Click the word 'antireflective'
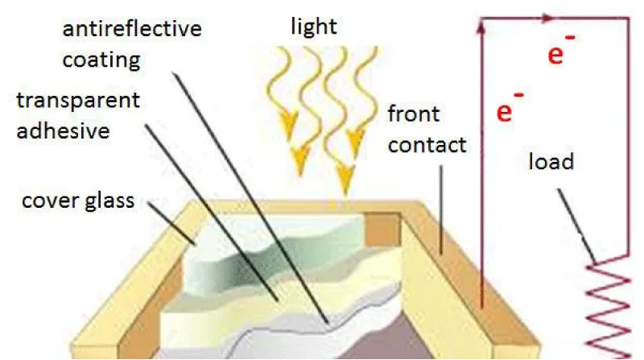[132, 29]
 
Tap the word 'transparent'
[78, 101]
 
